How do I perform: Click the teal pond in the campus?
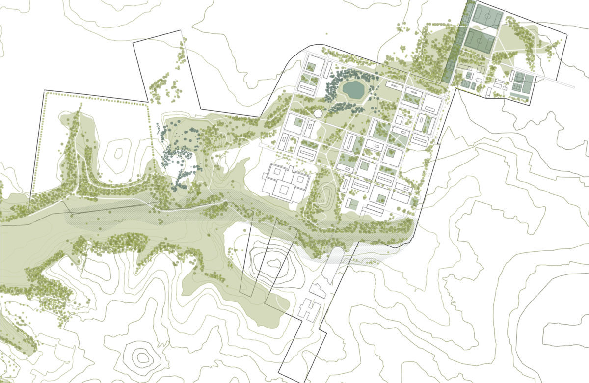pos(353,89)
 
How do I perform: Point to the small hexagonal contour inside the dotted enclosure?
pos(118,152)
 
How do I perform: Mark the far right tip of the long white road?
pos(573,87)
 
